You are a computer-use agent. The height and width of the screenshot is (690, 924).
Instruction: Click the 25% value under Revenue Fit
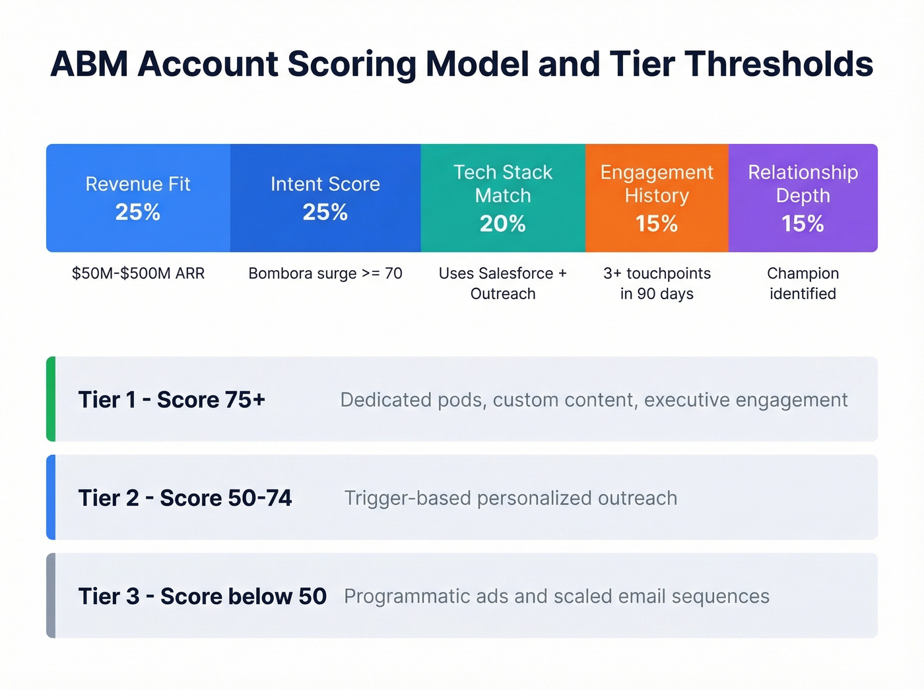(x=137, y=212)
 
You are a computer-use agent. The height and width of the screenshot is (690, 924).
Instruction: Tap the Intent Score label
(x=325, y=184)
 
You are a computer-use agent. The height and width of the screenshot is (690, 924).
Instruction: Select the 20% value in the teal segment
(x=502, y=224)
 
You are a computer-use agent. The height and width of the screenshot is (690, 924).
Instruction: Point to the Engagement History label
(x=656, y=184)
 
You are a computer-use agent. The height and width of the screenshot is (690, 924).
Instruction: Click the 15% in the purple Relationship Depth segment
(x=803, y=224)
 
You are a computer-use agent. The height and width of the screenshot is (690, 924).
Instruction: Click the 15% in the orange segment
(x=656, y=224)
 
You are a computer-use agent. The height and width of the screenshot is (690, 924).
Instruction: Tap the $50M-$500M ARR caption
(x=138, y=273)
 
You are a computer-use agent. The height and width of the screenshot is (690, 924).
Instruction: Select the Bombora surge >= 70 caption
(x=325, y=273)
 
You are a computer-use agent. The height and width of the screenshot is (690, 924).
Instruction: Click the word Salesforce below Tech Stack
(x=515, y=273)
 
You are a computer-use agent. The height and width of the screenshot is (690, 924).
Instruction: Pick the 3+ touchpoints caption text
(x=656, y=273)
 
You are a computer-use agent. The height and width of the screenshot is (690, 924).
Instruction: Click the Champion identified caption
(x=803, y=283)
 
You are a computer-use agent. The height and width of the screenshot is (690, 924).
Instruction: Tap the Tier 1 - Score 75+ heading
(x=172, y=399)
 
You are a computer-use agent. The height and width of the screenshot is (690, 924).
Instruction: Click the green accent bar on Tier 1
(x=51, y=399)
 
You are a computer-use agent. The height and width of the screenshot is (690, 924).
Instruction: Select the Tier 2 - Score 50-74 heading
(x=185, y=498)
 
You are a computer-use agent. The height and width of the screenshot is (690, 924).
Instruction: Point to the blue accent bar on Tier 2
(x=51, y=497)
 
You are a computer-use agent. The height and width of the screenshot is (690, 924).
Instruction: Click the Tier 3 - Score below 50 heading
(x=202, y=596)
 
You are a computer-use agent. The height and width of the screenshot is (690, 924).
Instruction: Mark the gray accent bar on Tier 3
(x=51, y=596)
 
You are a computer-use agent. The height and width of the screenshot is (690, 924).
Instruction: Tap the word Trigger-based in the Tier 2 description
(x=407, y=498)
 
